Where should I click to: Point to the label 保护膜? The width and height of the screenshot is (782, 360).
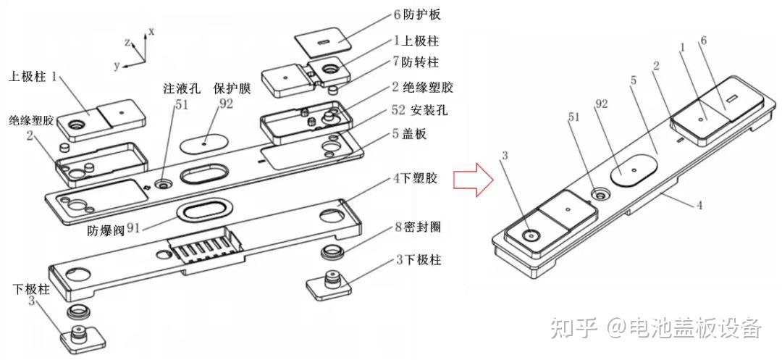tap(232, 89)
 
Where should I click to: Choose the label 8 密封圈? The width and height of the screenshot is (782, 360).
tap(419, 227)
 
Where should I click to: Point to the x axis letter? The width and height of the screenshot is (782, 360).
tap(151, 30)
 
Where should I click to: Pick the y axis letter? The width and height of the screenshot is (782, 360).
tap(115, 64)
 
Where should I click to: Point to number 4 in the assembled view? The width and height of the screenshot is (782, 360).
tap(699, 205)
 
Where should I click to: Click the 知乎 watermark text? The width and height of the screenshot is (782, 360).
tap(573, 327)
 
